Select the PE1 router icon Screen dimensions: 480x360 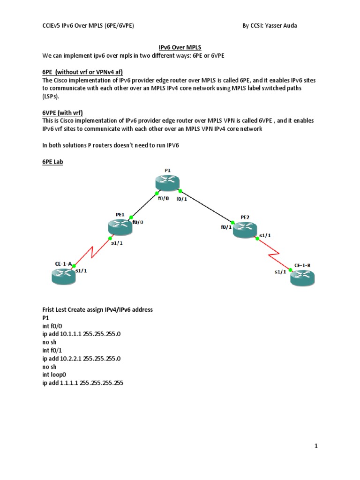119,227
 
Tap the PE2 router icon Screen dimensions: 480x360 246,229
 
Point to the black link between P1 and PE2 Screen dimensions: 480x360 207,206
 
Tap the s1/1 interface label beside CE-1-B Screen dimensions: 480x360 280,272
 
